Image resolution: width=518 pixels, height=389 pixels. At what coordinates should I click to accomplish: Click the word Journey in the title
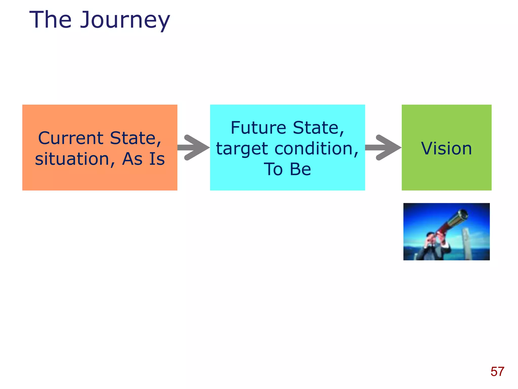[125, 20]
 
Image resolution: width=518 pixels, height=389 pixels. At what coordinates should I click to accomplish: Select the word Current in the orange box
[71, 138]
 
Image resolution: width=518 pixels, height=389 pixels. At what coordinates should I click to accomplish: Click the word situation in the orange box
[72, 159]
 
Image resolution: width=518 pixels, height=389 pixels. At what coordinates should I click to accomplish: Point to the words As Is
[143, 159]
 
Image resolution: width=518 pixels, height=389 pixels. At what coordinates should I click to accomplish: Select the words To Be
[287, 169]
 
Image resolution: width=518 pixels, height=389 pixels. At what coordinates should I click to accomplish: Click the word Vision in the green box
[446, 148]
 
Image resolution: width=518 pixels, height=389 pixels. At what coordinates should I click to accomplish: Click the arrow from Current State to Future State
[193, 147]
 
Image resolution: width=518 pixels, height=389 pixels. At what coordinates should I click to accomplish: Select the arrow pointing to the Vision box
[383, 147]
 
